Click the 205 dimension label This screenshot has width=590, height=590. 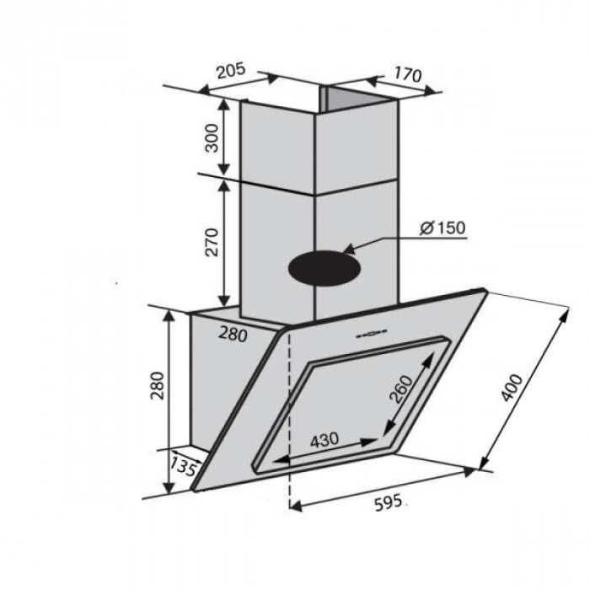(230, 71)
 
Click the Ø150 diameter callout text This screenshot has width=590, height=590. (441, 228)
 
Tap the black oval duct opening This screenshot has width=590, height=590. (324, 271)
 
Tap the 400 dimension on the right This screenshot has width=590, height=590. (517, 388)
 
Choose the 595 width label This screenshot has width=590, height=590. (389, 503)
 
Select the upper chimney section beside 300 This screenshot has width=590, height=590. (278, 139)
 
